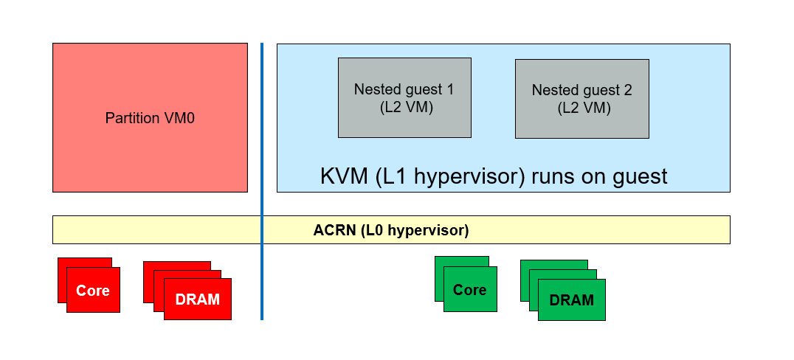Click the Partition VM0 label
click(150, 118)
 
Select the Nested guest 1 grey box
click(404, 97)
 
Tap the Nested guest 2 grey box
click(581, 99)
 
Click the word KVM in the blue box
click(345, 176)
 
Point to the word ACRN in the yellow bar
click(335, 230)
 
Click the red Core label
click(93, 291)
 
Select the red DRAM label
click(198, 300)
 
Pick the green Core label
click(469, 290)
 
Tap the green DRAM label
click(572, 300)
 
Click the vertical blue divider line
click(262, 181)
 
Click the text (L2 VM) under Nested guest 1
click(406, 108)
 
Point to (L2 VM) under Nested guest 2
click(584, 108)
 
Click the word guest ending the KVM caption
click(638, 177)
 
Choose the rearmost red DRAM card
click(176, 266)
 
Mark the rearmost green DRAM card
click(553, 264)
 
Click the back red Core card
click(85, 263)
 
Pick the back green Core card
click(461, 261)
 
